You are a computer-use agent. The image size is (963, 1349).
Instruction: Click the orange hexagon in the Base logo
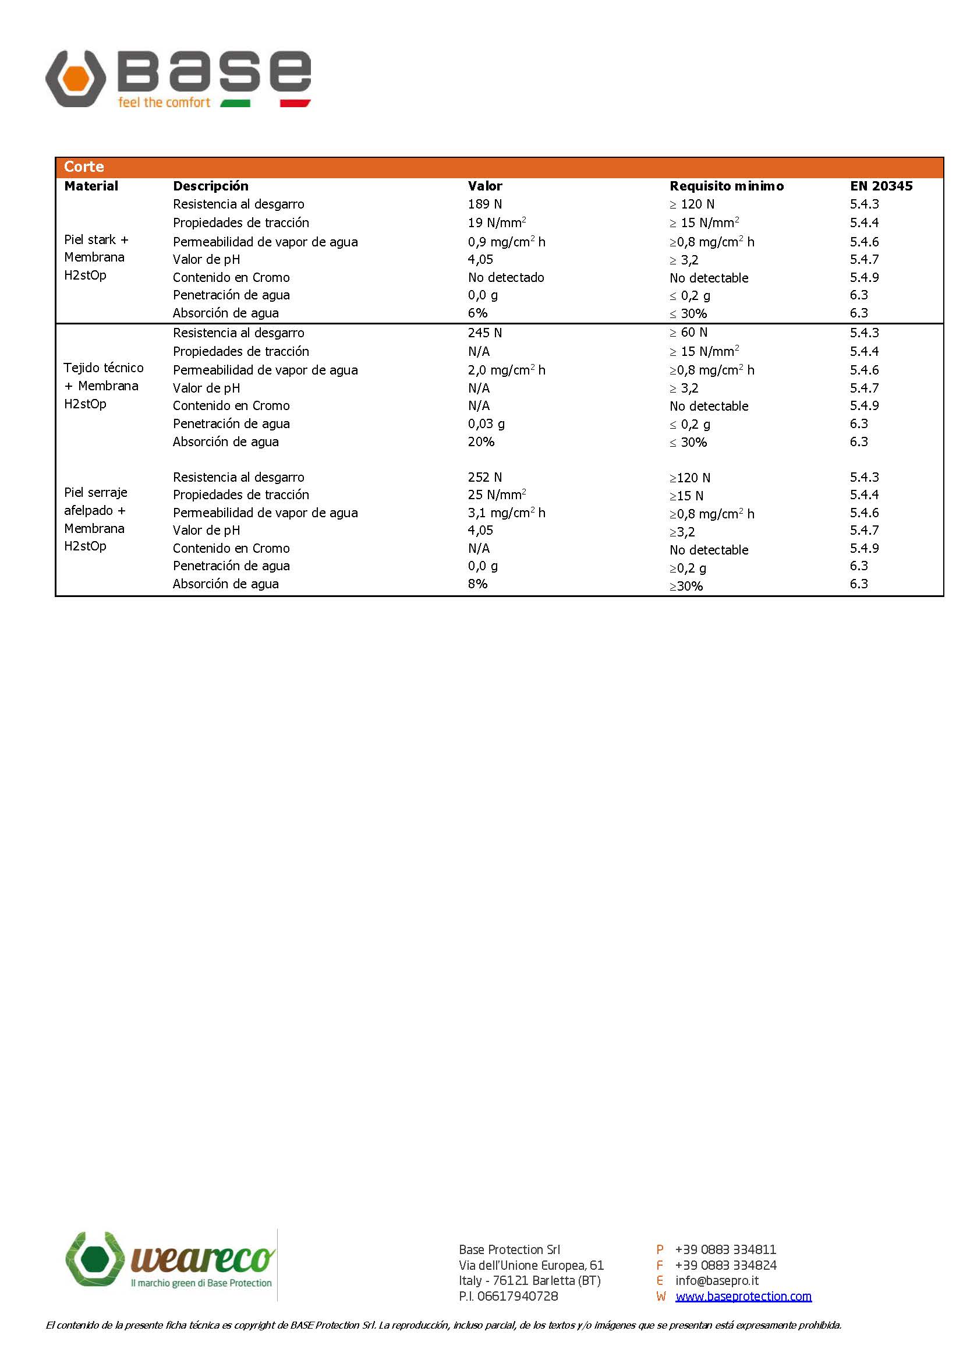(x=76, y=78)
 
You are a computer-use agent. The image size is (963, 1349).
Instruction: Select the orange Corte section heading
(x=84, y=167)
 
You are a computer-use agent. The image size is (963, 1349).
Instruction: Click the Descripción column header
(x=211, y=186)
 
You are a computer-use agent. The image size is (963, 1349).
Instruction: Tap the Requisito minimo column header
(x=727, y=186)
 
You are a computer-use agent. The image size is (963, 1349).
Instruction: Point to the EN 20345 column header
(x=880, y=186)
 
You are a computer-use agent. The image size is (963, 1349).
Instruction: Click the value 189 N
(x=484, y=204)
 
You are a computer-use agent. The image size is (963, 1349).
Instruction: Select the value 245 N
(x=484, y=333)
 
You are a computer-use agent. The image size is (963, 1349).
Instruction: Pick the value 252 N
(x=484, y=477)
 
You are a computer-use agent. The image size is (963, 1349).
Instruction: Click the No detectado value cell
(x=505, y=277)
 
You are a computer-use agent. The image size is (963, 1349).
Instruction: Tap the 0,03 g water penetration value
(x=486, y=423)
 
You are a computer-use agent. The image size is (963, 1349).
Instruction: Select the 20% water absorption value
(x=480, y=442)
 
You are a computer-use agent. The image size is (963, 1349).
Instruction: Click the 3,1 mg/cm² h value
(x=506, y=513)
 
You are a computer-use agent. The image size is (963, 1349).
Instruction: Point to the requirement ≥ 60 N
(x=688, y=332)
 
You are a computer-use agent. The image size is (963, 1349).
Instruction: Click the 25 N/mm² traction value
(x=496, y=495)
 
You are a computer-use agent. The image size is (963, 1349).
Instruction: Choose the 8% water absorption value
(x=477, y=584)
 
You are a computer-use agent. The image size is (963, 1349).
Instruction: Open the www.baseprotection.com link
(x=743, y=1296)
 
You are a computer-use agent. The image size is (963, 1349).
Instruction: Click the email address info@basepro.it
(x=716, y=1280)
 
